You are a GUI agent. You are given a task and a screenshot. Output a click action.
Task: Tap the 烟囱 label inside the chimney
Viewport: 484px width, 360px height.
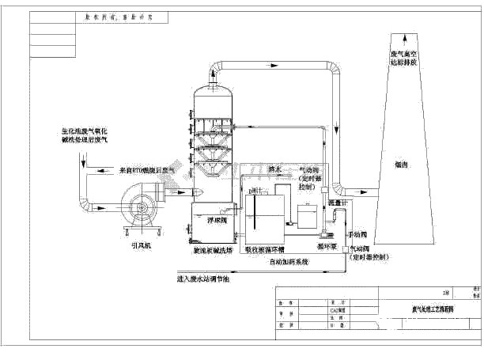(400, 165)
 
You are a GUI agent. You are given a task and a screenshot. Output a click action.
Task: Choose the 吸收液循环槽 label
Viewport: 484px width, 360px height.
(269, 250)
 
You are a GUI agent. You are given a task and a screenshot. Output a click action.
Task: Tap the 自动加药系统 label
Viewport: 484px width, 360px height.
(289, 260)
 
